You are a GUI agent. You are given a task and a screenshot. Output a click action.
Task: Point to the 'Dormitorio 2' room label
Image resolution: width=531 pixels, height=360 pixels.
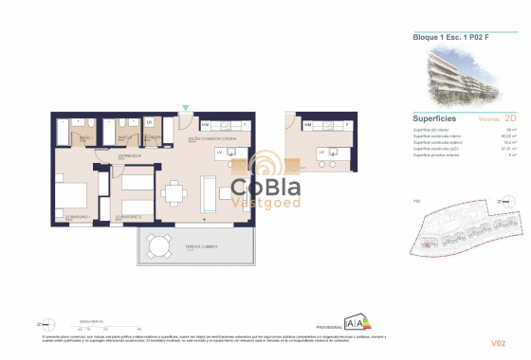click(129, 217)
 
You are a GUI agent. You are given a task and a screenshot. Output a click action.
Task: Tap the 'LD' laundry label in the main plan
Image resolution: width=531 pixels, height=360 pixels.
click(150, 122)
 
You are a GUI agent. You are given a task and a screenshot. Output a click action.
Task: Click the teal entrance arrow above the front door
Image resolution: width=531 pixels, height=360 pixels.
click(186, 109)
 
